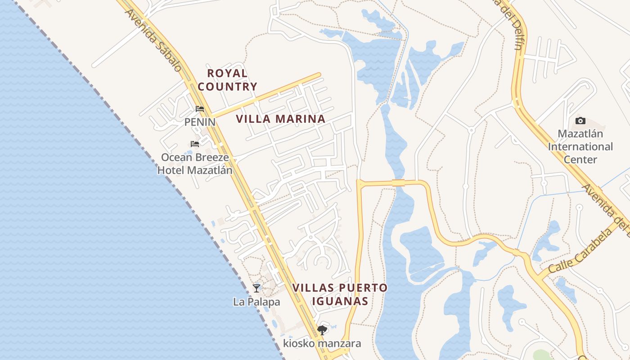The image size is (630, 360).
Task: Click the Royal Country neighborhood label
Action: tap(227, 80)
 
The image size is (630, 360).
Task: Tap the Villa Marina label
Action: tap(280, 119)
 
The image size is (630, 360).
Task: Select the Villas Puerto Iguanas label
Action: tap(340, 294)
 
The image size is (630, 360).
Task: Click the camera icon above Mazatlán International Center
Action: tap(580, 121)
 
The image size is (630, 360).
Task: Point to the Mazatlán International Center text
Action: tap(580, 147)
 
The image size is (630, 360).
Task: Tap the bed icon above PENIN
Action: tap(200, 109)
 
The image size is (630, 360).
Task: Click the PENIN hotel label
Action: tap(200, 122)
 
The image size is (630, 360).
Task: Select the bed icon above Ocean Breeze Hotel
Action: tap(195, 144)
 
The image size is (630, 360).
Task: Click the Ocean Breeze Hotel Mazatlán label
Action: tap(195, 164)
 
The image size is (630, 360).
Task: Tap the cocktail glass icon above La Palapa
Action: tap(256, 288)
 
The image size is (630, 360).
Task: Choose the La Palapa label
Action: tap(256, 302)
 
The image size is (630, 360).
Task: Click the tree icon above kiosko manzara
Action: tap(322, 330)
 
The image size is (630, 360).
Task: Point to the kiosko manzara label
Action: tap(322, 344)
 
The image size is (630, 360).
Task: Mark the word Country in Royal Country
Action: tap(227, 86)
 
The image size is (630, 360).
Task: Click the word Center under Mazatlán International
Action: tap(580, 160)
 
